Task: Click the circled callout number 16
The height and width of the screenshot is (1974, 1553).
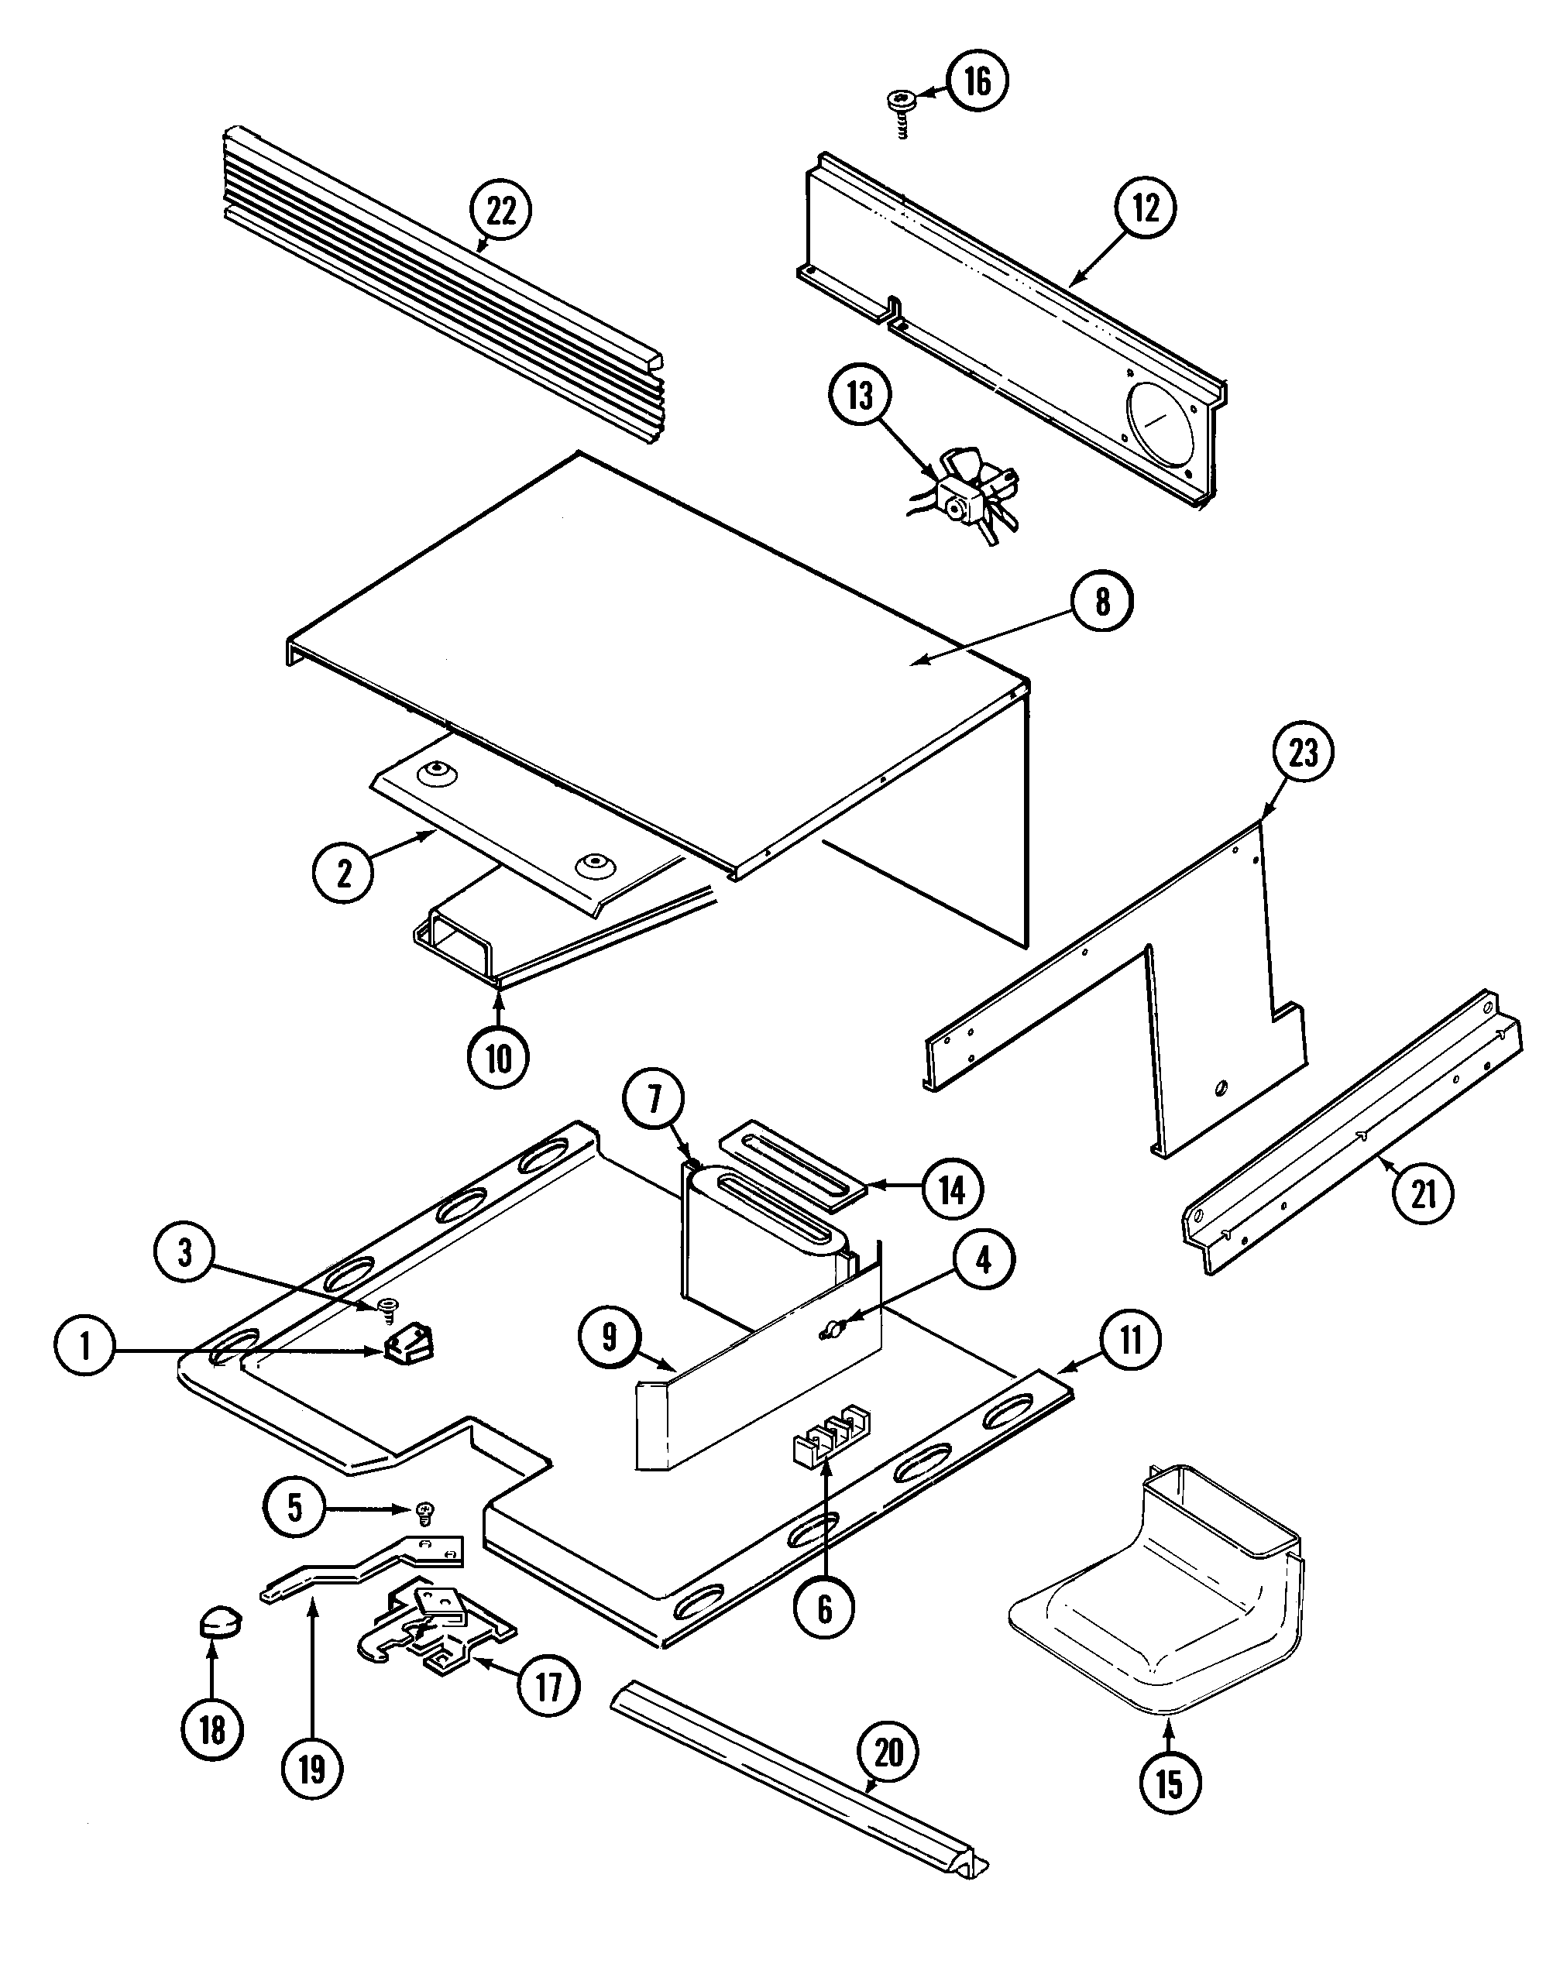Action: pyautogui.click(x=977, y=82)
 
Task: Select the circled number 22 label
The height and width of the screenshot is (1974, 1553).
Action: pyautogui.click(x=501, y=211)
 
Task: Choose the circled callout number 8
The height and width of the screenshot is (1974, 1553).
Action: pyautogui.click(x=1103, y=602)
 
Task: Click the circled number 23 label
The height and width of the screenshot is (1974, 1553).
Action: pyautogui.click(x=1303, y=754)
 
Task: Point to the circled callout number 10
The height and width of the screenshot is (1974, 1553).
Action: pyautogui.click(x=499, y=1058)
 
